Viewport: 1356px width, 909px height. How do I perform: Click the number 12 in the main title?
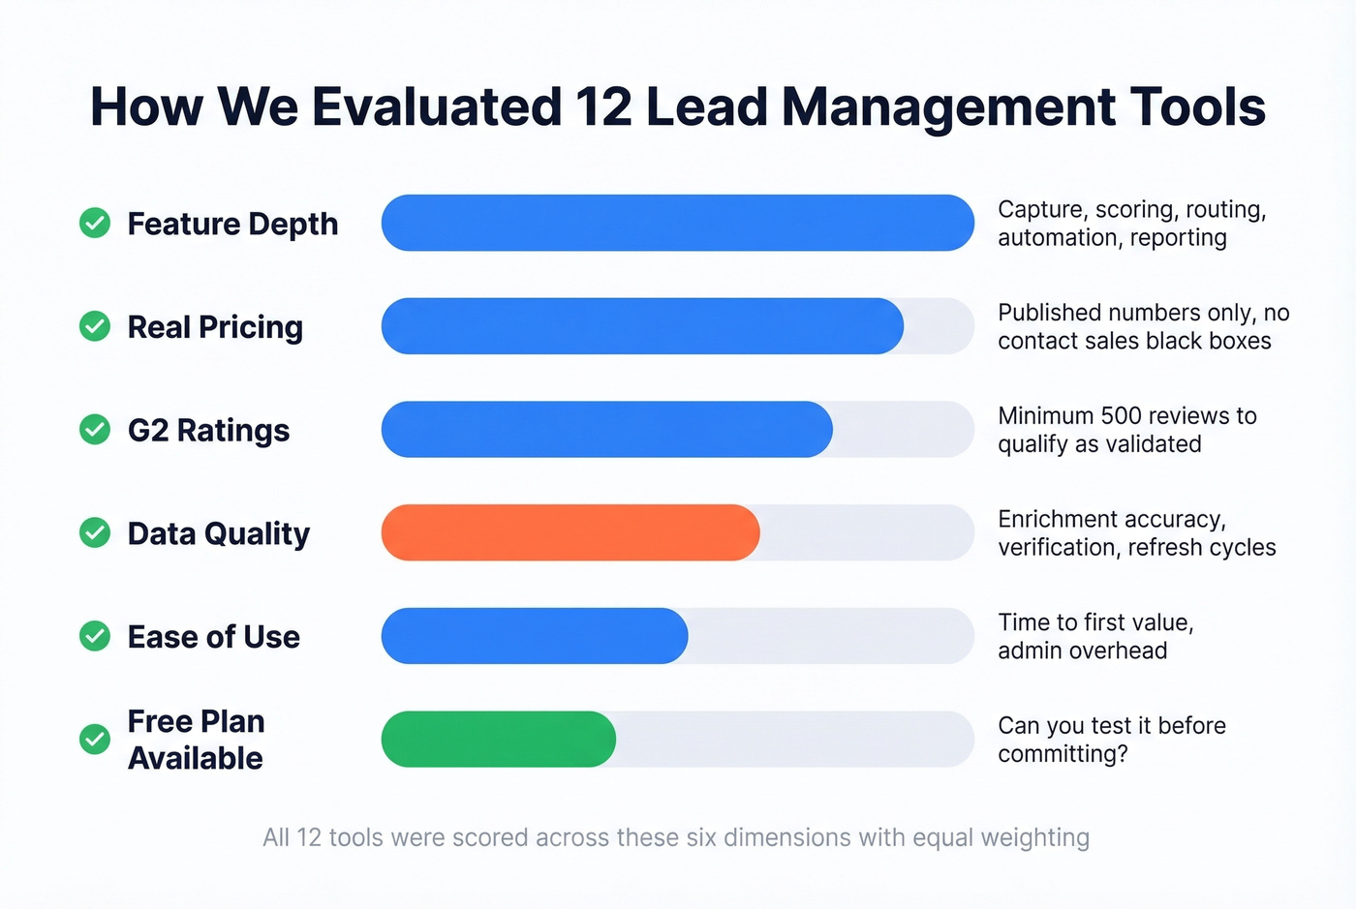pos(603,106)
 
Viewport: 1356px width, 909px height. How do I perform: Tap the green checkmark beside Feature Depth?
pos(95,223)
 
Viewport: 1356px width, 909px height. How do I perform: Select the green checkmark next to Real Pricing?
pos(95,326)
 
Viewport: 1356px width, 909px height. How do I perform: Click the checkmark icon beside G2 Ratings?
pos(95,429)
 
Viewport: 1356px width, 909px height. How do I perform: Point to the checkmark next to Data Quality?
pos(95,532)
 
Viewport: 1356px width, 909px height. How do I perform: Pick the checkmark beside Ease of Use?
pos(95,636)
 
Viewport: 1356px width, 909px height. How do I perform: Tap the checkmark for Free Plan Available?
pos(95,740)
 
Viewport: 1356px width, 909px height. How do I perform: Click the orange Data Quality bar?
pos(570,532)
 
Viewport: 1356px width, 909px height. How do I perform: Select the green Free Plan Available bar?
pos(498,740)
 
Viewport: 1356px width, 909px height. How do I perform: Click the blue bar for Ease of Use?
pos(534,636)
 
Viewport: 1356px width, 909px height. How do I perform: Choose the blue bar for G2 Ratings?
pos(606,429)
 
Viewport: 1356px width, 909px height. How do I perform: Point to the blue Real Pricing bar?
pos(642,326)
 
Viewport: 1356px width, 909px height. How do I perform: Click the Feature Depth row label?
pos(232,224)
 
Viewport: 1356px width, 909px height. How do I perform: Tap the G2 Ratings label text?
pos(208,430)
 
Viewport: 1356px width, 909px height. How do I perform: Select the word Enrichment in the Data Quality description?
pos(1054,520)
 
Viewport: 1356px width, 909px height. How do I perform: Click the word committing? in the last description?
pos(1063,754)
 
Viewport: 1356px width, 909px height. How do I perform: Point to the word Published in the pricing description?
pos(1049,313)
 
